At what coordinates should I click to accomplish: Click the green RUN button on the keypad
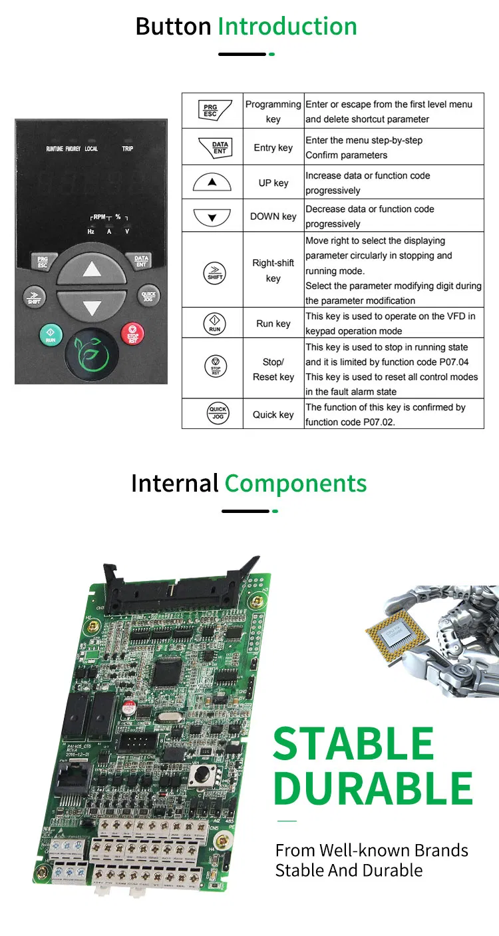coord(51,334)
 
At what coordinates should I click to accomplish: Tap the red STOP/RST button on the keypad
coord(132,334)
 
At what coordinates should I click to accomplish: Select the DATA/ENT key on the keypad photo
coord(141,260)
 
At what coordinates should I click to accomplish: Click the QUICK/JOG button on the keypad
coord(148,296)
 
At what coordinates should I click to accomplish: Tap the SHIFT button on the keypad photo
coord(34,296)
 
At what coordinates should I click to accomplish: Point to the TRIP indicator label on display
coord(127,149)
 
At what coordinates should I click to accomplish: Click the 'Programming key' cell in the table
coord(273,111)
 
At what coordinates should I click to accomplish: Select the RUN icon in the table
coord(214,324)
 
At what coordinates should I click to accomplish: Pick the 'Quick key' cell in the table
coord(273,414)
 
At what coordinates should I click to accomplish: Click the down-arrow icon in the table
coord(212,217)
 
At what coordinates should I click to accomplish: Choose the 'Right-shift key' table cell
coord(273,270)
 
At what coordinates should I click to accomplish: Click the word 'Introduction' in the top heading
coord(287,27)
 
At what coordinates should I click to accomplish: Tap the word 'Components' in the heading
coord(295,483)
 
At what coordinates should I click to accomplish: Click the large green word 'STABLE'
coord(353,744)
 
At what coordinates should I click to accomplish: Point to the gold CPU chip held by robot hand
coord(397,630)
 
